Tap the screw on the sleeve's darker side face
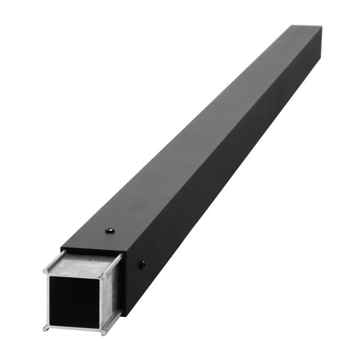click(142, 265)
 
